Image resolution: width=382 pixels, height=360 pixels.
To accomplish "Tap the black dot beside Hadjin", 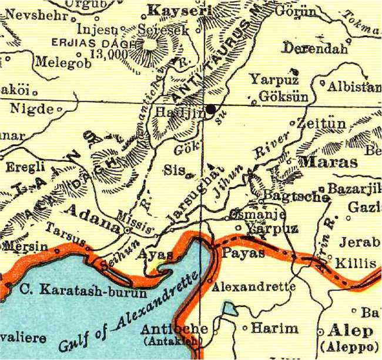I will click(210, 109).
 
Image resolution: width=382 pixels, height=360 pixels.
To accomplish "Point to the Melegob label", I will click(63, 62).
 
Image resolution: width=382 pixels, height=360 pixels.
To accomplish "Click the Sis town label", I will click(172, 171).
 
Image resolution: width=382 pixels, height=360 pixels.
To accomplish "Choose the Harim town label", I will click(275, 328).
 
